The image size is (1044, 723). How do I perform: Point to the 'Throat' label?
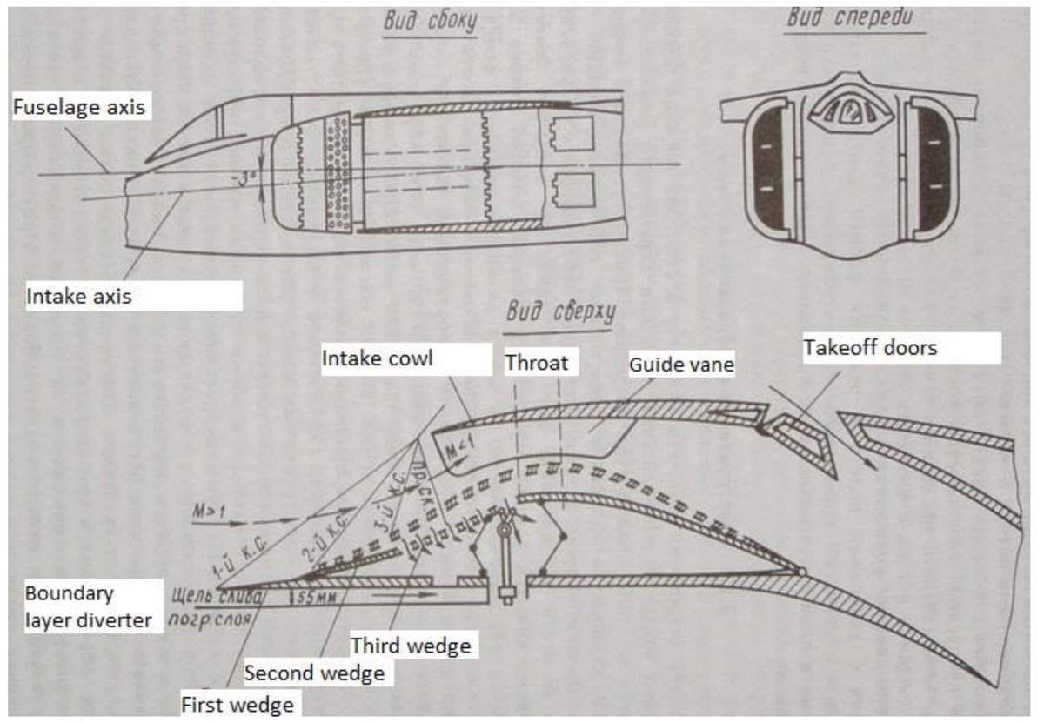tap(536, 362)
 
